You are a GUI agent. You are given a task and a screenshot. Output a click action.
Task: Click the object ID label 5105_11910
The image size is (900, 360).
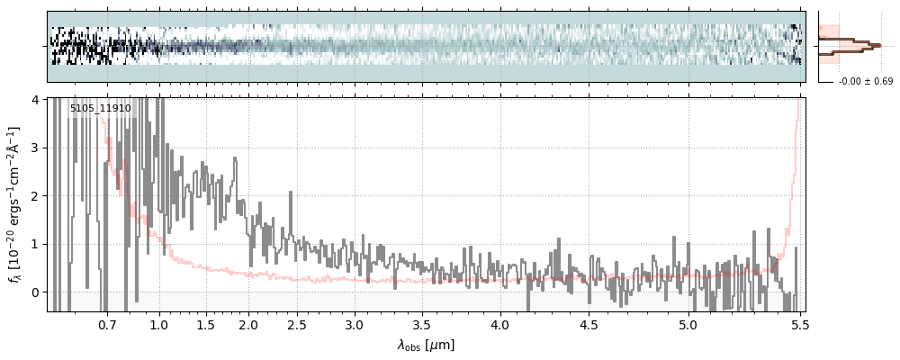click(x=100, y=109)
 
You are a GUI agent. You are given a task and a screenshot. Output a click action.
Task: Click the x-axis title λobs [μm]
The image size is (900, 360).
click(x=426, y=345)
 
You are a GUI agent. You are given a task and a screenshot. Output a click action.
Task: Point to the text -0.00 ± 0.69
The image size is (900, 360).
click(x=865, y=82)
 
